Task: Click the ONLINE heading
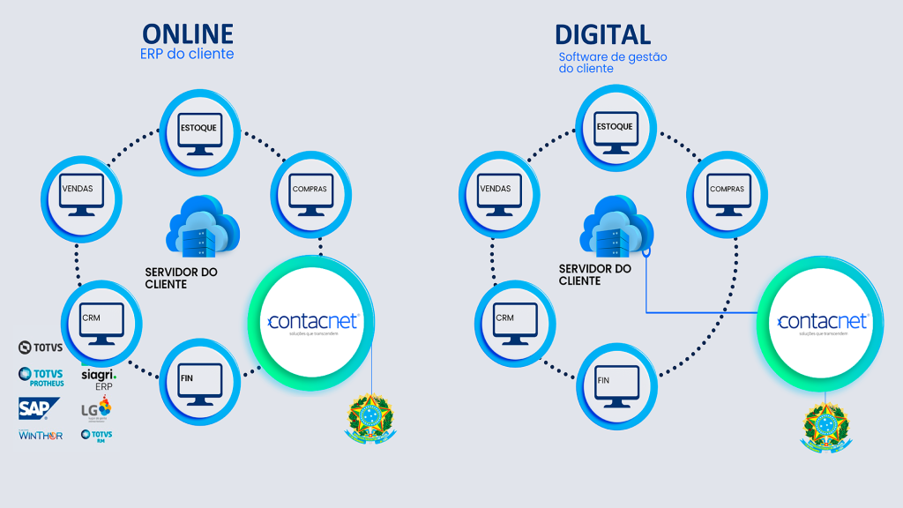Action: click(188, 34)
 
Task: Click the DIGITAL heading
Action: click(603, 34)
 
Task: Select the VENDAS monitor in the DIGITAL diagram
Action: click(495, 191)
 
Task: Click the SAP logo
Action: click(39, 407)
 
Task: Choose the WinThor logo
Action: click(41, 435)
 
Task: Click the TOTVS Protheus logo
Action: click(41, 377)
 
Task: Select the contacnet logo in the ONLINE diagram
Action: click(312, 323)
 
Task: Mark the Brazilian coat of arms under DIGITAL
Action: click(825, 428)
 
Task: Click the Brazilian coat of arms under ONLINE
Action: click(371, 417)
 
